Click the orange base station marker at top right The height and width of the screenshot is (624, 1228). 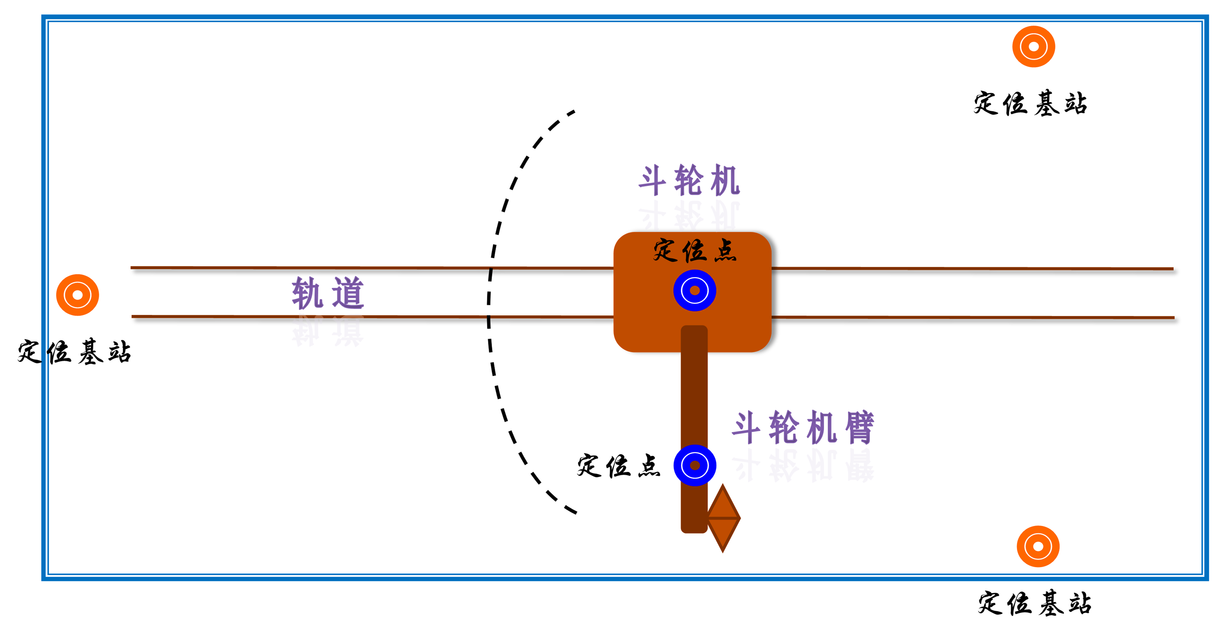pyautogui.click(x=1033, y=47)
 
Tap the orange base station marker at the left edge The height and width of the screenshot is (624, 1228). pyautogui.click(x=77, y=295)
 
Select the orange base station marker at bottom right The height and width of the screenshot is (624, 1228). pyautogui.click(x=1038, y=546)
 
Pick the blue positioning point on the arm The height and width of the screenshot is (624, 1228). pyautogui.click(x=694, y=465)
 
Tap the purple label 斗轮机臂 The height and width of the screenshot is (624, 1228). pyautogui.click(x=803, y=427)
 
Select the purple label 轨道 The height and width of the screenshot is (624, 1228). pyautogui.click(x=328, y=293)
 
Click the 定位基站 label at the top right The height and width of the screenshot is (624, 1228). pyautogui.click(x=1030, y=104)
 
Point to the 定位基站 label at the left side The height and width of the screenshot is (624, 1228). pyautogui.click(x=74, y=352)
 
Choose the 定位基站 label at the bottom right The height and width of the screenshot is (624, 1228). pyautogui.click(x=1035, y=603)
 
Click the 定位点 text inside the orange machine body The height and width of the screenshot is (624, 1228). pyautogui.click(x=694, y=251)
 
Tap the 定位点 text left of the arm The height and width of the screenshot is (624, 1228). pyautogui.click(x=618, y=466)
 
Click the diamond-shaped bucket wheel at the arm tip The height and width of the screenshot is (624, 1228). pyautogui.click(x=723, y=518)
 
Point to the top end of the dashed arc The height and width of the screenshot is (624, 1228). pyautogui.click(x=574, y=112)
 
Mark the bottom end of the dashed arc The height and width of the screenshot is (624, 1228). pyautogui.click(x=576, y=513)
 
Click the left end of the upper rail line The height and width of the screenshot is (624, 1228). pyautogui.click(x=132, y=268)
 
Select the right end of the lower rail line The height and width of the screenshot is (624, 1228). pyautogui.click(x=1173, y=318)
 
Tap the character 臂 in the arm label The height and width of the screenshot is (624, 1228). pyautogui.click(x=859, y=427)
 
